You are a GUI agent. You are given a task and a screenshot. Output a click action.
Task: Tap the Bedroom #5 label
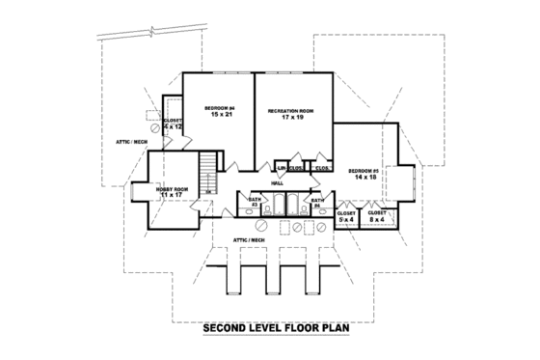point(364,171)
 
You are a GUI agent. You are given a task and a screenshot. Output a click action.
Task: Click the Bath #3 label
point(255,203)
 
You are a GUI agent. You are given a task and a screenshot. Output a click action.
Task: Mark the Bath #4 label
point(316,203)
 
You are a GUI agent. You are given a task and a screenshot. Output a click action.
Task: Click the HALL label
point(276,182)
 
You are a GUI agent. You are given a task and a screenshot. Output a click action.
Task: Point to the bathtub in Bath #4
point(298,205)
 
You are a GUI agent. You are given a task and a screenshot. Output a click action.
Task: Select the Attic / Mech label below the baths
point(249,237)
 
